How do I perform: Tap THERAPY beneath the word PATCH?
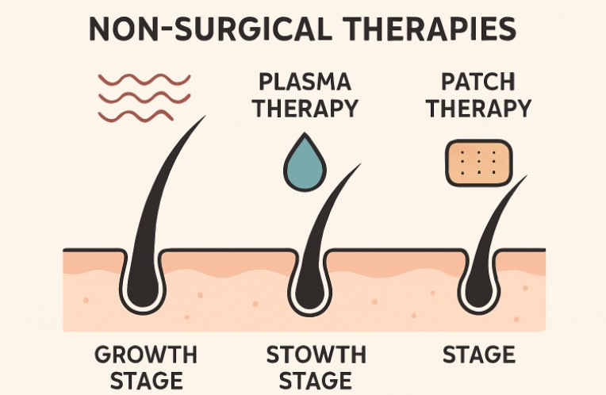pyautogui.click(x=478, y=108)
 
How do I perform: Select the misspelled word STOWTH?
pyautogui.click(x=316, y=353)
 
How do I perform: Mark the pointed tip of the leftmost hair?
pyautogui.click(x=204, y=117)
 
